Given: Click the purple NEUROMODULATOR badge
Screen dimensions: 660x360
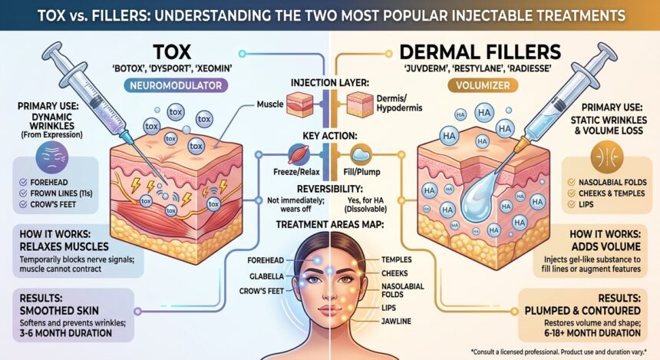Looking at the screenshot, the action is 176,85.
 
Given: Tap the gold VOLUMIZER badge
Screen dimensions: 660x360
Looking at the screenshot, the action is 483,85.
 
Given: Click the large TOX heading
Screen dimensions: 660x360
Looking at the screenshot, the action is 172,52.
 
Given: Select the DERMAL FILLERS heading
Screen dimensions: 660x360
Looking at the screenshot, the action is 480,52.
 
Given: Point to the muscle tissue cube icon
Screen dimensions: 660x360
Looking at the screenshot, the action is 300,104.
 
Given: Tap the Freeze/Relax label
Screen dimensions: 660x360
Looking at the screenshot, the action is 296,172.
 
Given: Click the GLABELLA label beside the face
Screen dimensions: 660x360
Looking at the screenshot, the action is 266,276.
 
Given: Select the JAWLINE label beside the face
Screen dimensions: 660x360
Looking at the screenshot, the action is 396,322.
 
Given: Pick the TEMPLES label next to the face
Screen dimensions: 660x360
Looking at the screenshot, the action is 397,259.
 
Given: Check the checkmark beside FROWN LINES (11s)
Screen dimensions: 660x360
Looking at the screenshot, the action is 23,193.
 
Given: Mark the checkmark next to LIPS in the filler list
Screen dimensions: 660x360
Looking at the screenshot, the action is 571,205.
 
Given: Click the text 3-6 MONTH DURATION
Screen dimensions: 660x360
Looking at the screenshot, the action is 66,333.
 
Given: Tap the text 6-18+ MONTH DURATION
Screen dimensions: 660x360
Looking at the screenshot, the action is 592,333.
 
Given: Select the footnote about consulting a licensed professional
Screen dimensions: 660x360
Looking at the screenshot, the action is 559,352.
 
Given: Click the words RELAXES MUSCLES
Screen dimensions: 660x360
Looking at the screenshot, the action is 64,246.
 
